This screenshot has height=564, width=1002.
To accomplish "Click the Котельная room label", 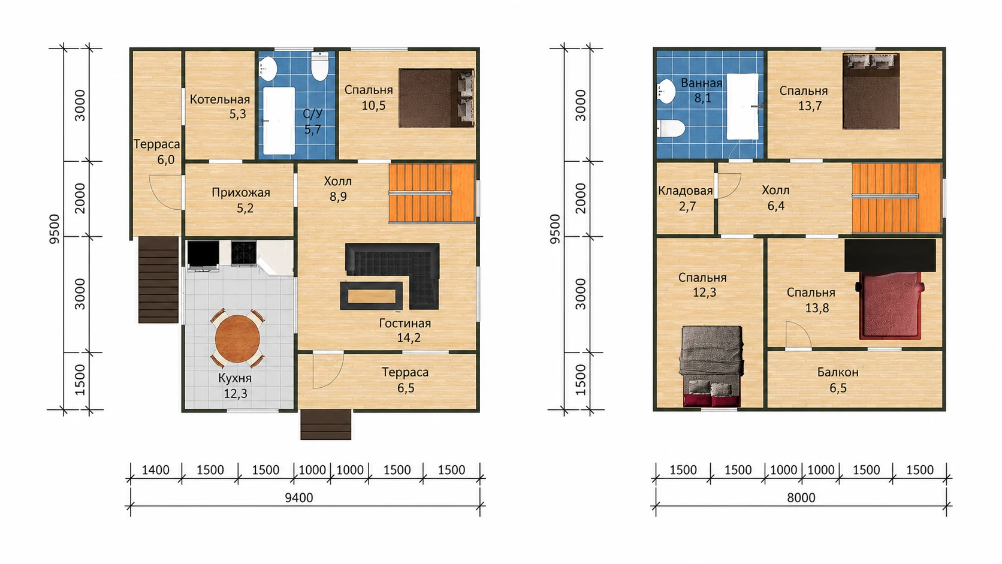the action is pos(219,99).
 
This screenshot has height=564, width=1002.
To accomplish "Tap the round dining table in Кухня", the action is pos(237,339).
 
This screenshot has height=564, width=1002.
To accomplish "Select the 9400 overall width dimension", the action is pos(299,497).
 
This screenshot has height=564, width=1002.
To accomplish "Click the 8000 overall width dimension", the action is pos(801,497).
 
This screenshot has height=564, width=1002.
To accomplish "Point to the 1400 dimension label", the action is pos(156,470).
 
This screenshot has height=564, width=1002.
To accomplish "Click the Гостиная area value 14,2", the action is pos(408,337).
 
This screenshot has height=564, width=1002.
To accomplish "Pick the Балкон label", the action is pos(838,372).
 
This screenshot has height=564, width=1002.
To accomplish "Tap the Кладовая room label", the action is pos(686,191).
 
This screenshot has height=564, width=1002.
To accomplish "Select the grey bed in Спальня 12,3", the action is pos(711,366).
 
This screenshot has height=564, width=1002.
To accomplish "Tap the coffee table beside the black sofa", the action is pos(372,295).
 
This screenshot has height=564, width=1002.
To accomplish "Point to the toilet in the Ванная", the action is pos(671,129).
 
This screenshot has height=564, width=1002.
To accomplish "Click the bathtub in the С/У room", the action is pos(279,120).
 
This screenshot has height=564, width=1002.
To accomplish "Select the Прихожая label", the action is pos(241,193).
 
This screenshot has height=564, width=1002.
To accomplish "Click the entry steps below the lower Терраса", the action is pos(325,424).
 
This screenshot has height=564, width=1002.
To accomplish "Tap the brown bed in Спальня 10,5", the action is pos(437,98).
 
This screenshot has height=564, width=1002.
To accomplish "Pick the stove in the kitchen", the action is pos(244,254).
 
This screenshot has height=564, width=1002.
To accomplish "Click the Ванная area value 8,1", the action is pos(702,98).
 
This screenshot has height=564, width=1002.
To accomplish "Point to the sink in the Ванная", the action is pos(666,91).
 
